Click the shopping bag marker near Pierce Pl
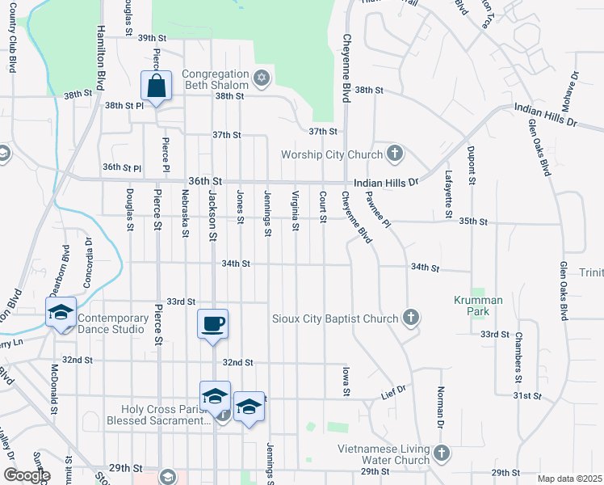tap(156, 85)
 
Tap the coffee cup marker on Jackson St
tap(213, 324)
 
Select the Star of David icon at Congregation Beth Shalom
tap(260, 78)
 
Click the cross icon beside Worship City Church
tap(394, 154)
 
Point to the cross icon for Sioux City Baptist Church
tap(411, 318)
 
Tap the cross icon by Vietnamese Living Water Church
tap(441, 453)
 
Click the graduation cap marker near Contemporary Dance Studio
tap(61, 313)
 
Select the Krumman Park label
tap(478, 306)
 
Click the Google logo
tap(27, 475)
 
